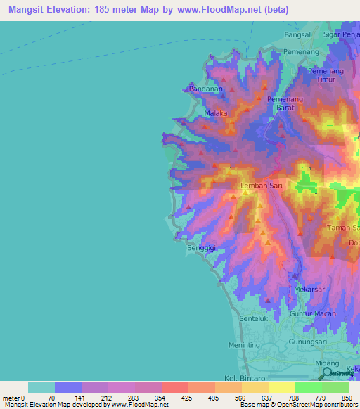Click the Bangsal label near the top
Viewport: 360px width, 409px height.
297,35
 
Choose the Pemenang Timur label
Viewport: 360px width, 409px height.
325,77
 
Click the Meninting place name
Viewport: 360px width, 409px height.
244,345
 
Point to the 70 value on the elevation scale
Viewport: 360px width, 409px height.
51,398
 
